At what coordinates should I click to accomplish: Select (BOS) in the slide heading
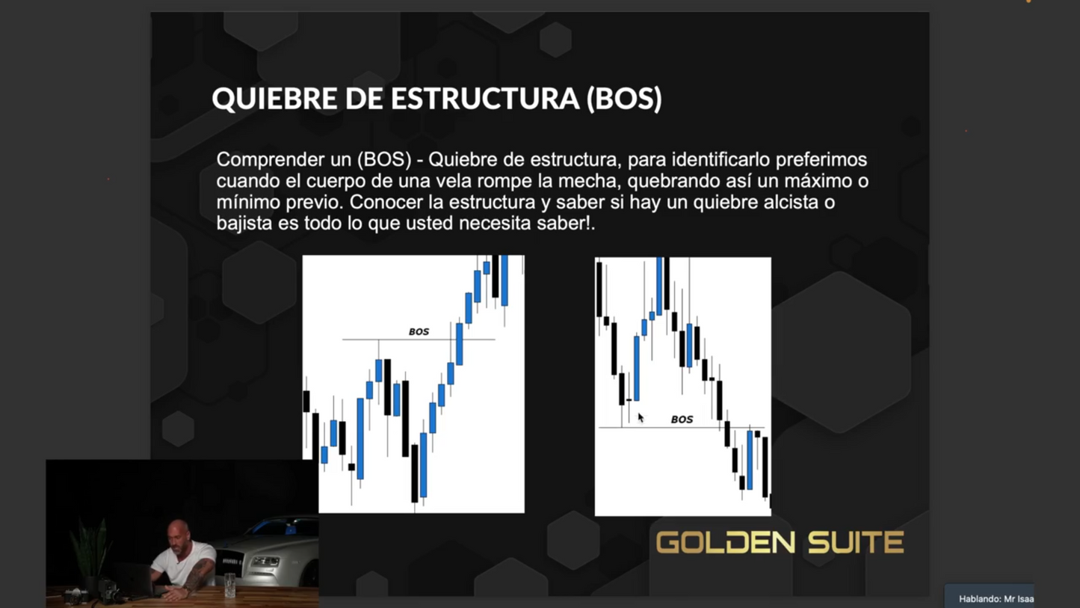point(624,99)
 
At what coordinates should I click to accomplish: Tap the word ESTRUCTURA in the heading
point(484,99)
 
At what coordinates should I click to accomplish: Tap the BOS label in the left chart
point(419,331)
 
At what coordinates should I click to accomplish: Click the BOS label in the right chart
point(682,420)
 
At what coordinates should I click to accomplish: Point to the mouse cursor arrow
point(641,417)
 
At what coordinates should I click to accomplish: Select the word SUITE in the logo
point(856,543)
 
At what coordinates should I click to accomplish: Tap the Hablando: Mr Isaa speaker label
point(995,598)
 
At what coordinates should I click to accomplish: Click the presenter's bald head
point(179,532)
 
